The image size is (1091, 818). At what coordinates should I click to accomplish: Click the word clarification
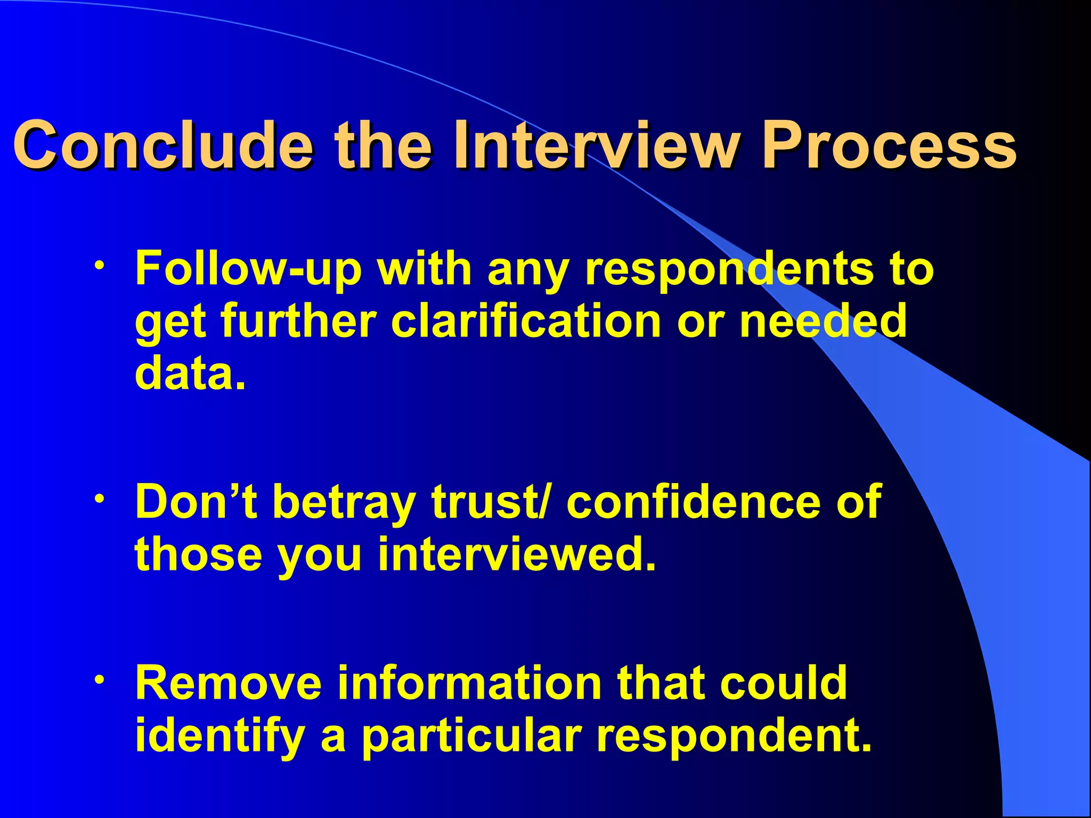point(526,321)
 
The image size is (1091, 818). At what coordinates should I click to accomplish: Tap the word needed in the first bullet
point(823,321)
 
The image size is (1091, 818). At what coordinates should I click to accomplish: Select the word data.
point(190,372)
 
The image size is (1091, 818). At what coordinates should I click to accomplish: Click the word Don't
point(196,502)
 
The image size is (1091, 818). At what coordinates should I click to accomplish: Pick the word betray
point(344,502)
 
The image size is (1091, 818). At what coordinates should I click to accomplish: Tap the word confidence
point(693,502)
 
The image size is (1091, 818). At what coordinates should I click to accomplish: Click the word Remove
point(229,683)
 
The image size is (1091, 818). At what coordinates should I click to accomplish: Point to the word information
point(469,683)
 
